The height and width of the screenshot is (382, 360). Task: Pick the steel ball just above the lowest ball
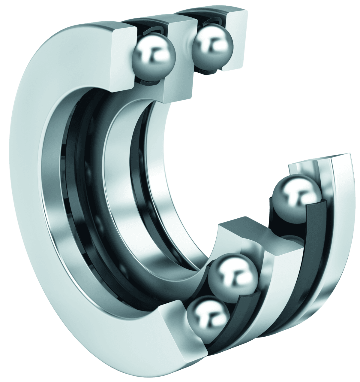tap(233, 273)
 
